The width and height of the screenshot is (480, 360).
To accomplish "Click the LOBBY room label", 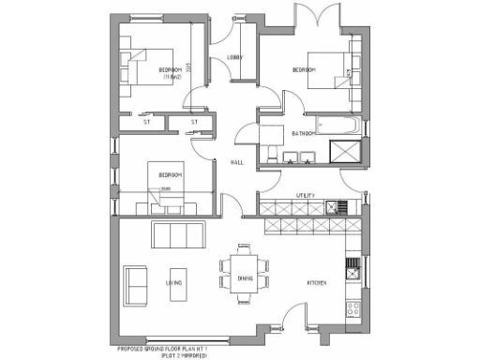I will coord(235,58).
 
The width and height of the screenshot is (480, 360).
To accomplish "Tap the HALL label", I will coord(237,162).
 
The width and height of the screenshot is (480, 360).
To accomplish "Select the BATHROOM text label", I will coord(303,134).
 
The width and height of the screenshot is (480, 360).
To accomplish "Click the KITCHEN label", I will coord(315,281).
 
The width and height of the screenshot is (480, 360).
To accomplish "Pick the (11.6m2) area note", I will coord(170,78).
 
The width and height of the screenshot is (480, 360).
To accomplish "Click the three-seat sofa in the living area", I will coord(178,233).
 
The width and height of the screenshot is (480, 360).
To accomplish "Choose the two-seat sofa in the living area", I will coord(136,282).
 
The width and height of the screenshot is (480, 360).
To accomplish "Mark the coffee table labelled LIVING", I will coord(174,281).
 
